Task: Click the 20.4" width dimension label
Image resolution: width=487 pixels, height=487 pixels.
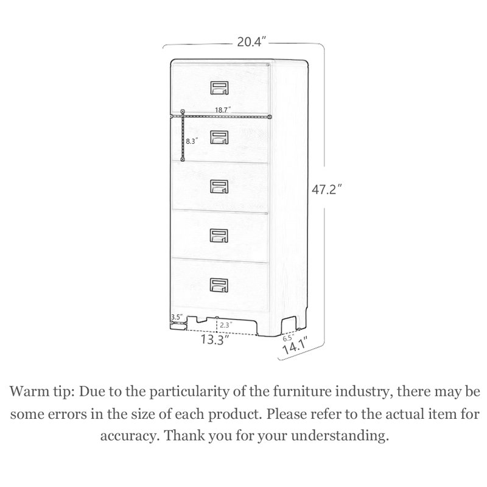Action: (x=252, y=41)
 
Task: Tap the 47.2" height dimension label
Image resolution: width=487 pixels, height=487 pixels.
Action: (x=327, y=189)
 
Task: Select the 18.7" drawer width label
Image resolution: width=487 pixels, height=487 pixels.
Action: (x=223, y=110)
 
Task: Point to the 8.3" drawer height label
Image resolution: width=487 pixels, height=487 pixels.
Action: (x=192, y=141)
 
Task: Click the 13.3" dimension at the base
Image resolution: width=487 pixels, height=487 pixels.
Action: (x=215, y=340)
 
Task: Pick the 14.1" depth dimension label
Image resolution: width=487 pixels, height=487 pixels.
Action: (x=295, y=346)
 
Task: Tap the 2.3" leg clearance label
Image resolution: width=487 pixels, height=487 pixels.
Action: (x=226, y=325)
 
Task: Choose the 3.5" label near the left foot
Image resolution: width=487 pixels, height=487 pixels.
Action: (x=177, y=317)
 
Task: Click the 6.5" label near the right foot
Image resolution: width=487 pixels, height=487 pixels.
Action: (x=288, y=338)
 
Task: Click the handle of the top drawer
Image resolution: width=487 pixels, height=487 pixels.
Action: (x=220, y=88)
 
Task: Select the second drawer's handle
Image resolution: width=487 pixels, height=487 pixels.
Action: (x=220, y=138)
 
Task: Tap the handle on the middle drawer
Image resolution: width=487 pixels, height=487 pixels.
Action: (x=219, y=187)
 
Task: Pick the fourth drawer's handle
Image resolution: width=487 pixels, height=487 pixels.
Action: (x=219, y=236)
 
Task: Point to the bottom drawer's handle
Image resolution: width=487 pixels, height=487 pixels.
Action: (x=219, y=285)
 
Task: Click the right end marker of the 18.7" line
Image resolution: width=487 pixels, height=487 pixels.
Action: (x=270, y=116)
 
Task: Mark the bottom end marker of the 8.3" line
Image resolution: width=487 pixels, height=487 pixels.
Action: (x=183, y=159)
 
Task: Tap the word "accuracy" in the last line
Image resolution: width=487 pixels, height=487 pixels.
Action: (x=128, y=436)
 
